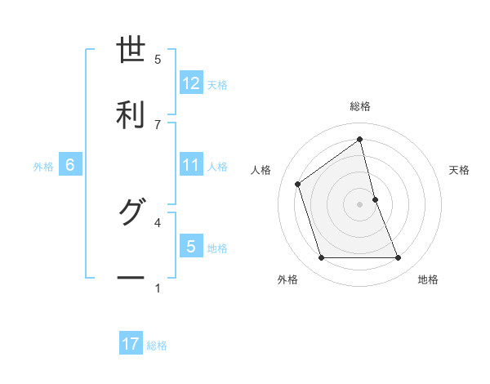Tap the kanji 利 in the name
[x=131, y=114]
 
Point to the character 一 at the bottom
[x=131, y=278]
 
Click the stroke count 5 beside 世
[x=158, y=59]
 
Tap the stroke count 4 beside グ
[x=158, y=221]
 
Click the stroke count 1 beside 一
[x=158, y=288]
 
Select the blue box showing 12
[x=191, y=83]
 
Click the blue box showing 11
[x=191, y=166]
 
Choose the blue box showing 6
[x=70, y=166]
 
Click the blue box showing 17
[x=131, y=345]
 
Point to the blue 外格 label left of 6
[x=43, y=167]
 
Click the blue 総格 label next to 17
[x=157, y=346]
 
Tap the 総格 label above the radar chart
[x=359, y=106]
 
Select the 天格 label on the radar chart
[x=460, y=170]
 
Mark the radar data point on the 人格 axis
[x=298, y=184]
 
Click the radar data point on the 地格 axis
[x=398, y=258]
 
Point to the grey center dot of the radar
[x=359, y=204]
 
